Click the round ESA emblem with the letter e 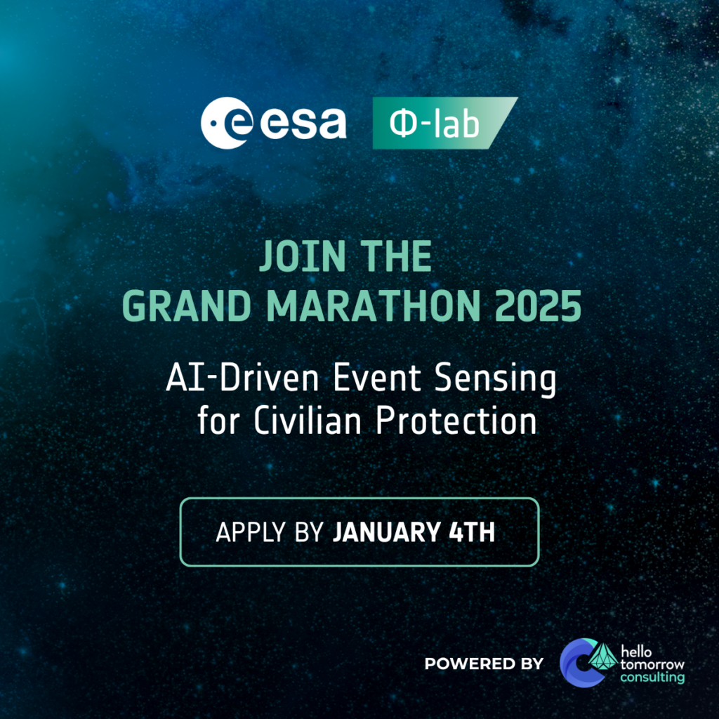(227, 123)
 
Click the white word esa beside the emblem (303, 123)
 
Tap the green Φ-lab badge (444, 123)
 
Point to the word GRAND (187, 306)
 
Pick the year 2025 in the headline (539, 306)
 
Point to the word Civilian (308, 420)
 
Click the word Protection (456, 420)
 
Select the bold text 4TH (472, 532)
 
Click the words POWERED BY (484, 664)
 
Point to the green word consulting (652, 678)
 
